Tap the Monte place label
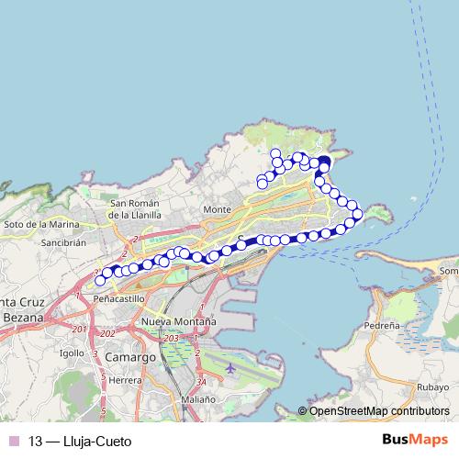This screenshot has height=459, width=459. click(217, 209)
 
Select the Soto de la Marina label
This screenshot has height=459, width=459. click(39, 224)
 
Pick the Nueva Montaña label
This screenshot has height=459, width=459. click(179, 322)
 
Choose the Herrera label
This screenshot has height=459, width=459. click(126, 379)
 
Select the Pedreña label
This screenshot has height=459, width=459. click(382, 325)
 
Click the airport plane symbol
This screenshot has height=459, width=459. click(229, 367)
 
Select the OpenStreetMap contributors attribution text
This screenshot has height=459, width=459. click(379, 411)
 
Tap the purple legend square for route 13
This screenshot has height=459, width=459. click(14, 442)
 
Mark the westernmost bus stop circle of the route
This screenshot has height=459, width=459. click(100, 280)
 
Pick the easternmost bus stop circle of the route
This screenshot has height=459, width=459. click(357, 214)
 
